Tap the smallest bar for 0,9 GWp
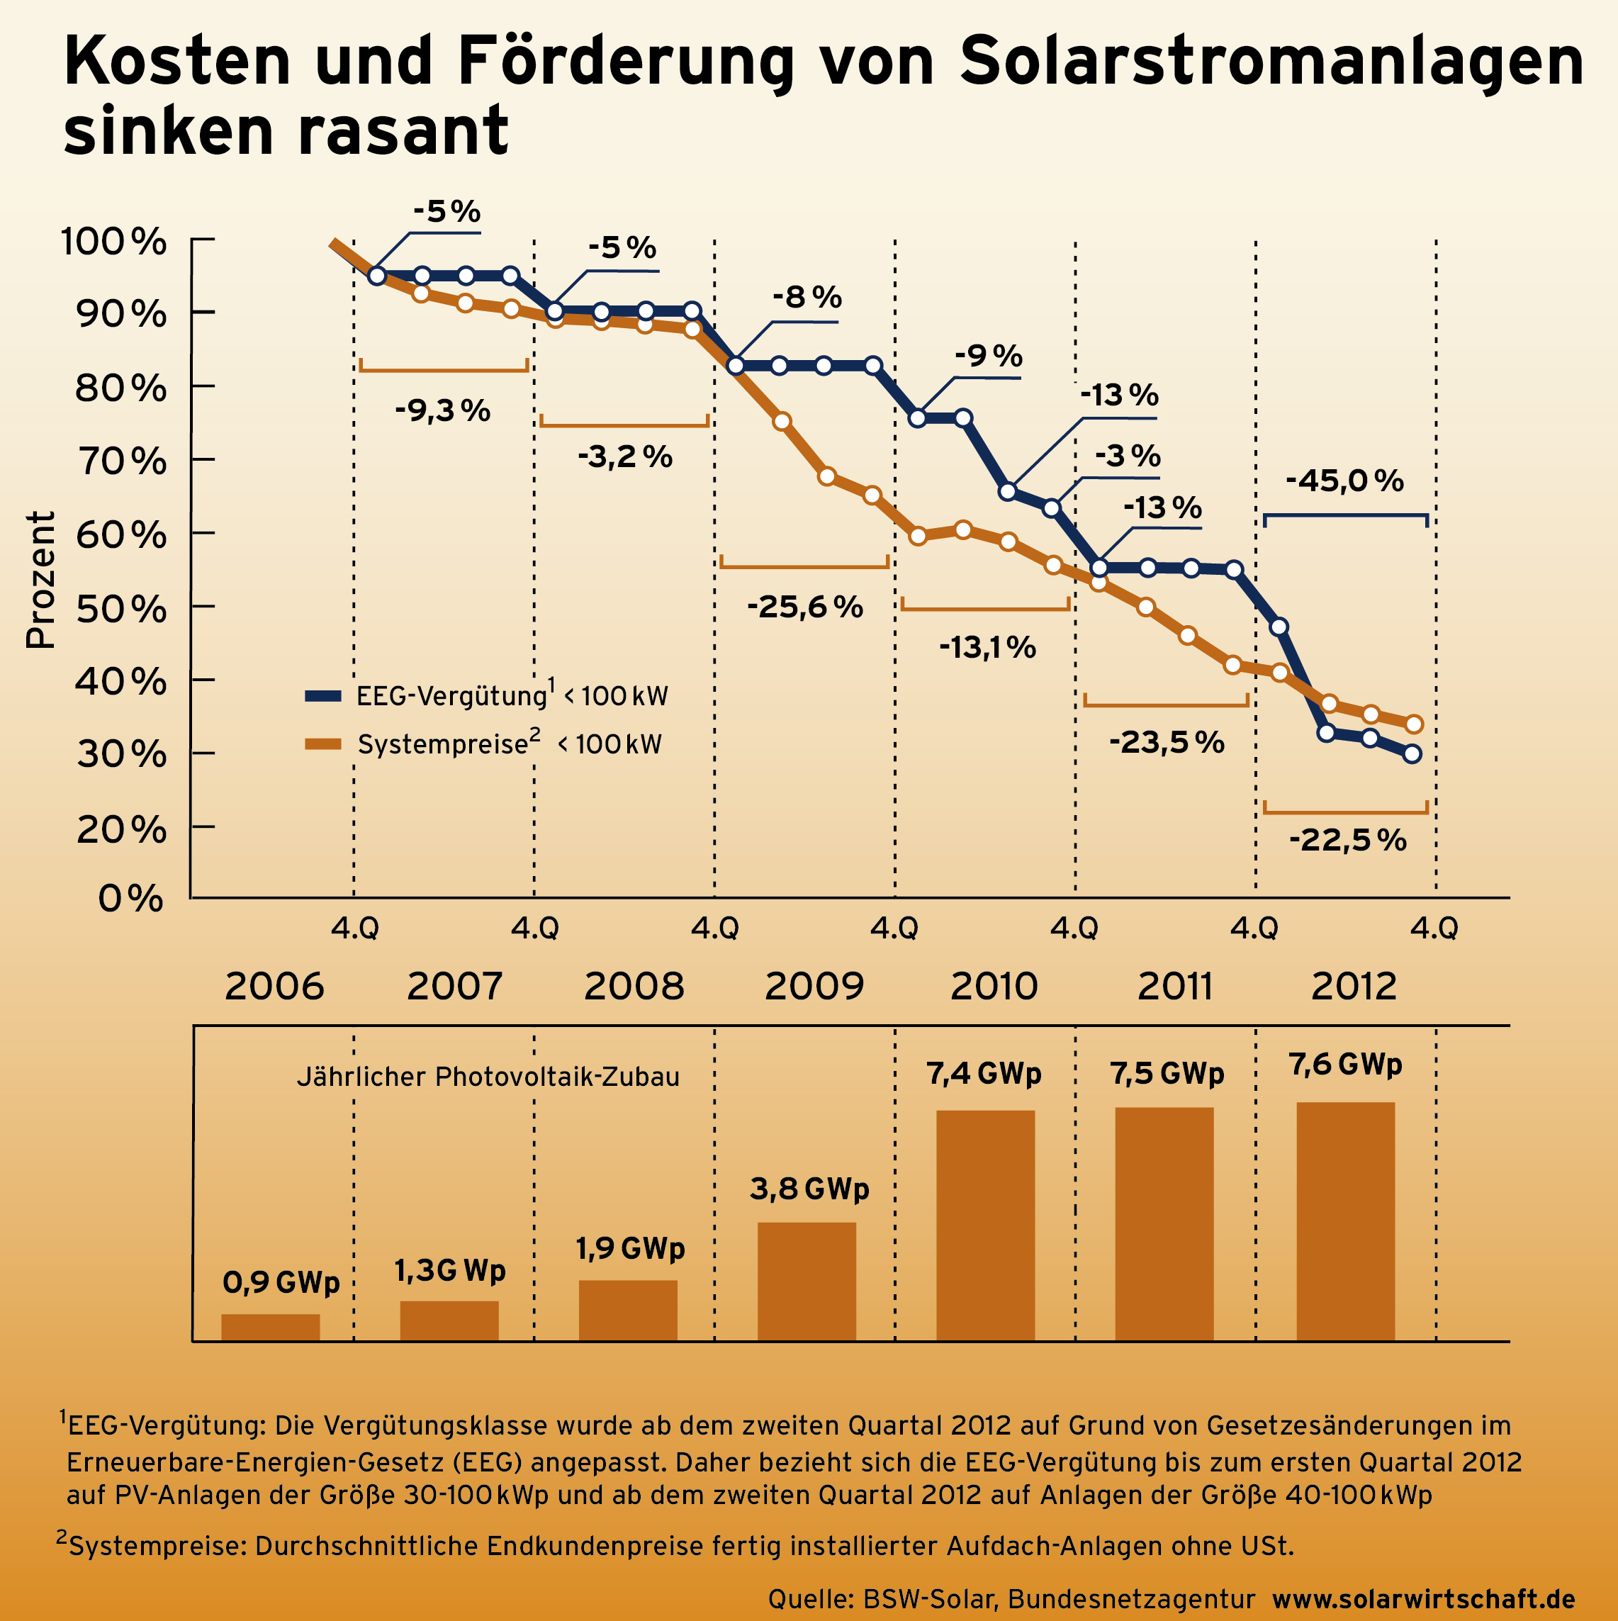[270, 1328]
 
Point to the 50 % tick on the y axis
[122, 607]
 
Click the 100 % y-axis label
[114, 242]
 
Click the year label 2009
[814, 986]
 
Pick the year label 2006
[274, 986]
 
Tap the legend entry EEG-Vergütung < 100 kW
[486, 695]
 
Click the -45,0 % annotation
[1344, 481]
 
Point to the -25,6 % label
[804, 607]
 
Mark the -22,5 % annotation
[1347, 840]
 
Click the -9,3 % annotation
[442, 411]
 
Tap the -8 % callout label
[807, 297]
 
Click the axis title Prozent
[40, 579]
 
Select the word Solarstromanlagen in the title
[1271, 62]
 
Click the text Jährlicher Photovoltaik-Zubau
[488, 1077]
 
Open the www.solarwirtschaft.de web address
[1423, 1598]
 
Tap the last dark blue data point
[1412, 753]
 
